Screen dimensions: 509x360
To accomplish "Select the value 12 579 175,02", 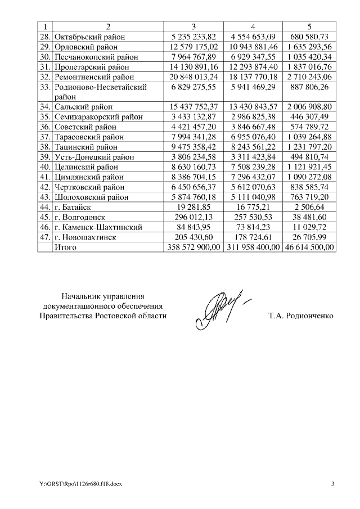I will pos(193,47).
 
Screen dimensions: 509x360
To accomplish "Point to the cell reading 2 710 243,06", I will pos(309,76).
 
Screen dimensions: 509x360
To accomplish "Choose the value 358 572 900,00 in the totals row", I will pos(193,247).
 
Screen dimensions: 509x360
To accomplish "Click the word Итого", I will pos(65,247).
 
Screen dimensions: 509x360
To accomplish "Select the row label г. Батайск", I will pos(75,207).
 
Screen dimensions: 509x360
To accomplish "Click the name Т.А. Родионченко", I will pos(301,316).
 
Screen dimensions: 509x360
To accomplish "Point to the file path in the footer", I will pos(76,484).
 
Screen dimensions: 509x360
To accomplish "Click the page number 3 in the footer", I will pos(332,484).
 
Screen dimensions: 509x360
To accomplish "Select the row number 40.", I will pos(45,166).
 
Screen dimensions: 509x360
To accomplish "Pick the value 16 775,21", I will pos(253,207).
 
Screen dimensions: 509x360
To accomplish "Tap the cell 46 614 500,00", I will pos(309,247).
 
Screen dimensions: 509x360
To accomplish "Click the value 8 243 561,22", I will pos(253,147).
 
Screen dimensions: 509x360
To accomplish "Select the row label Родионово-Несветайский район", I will pos(101,91).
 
